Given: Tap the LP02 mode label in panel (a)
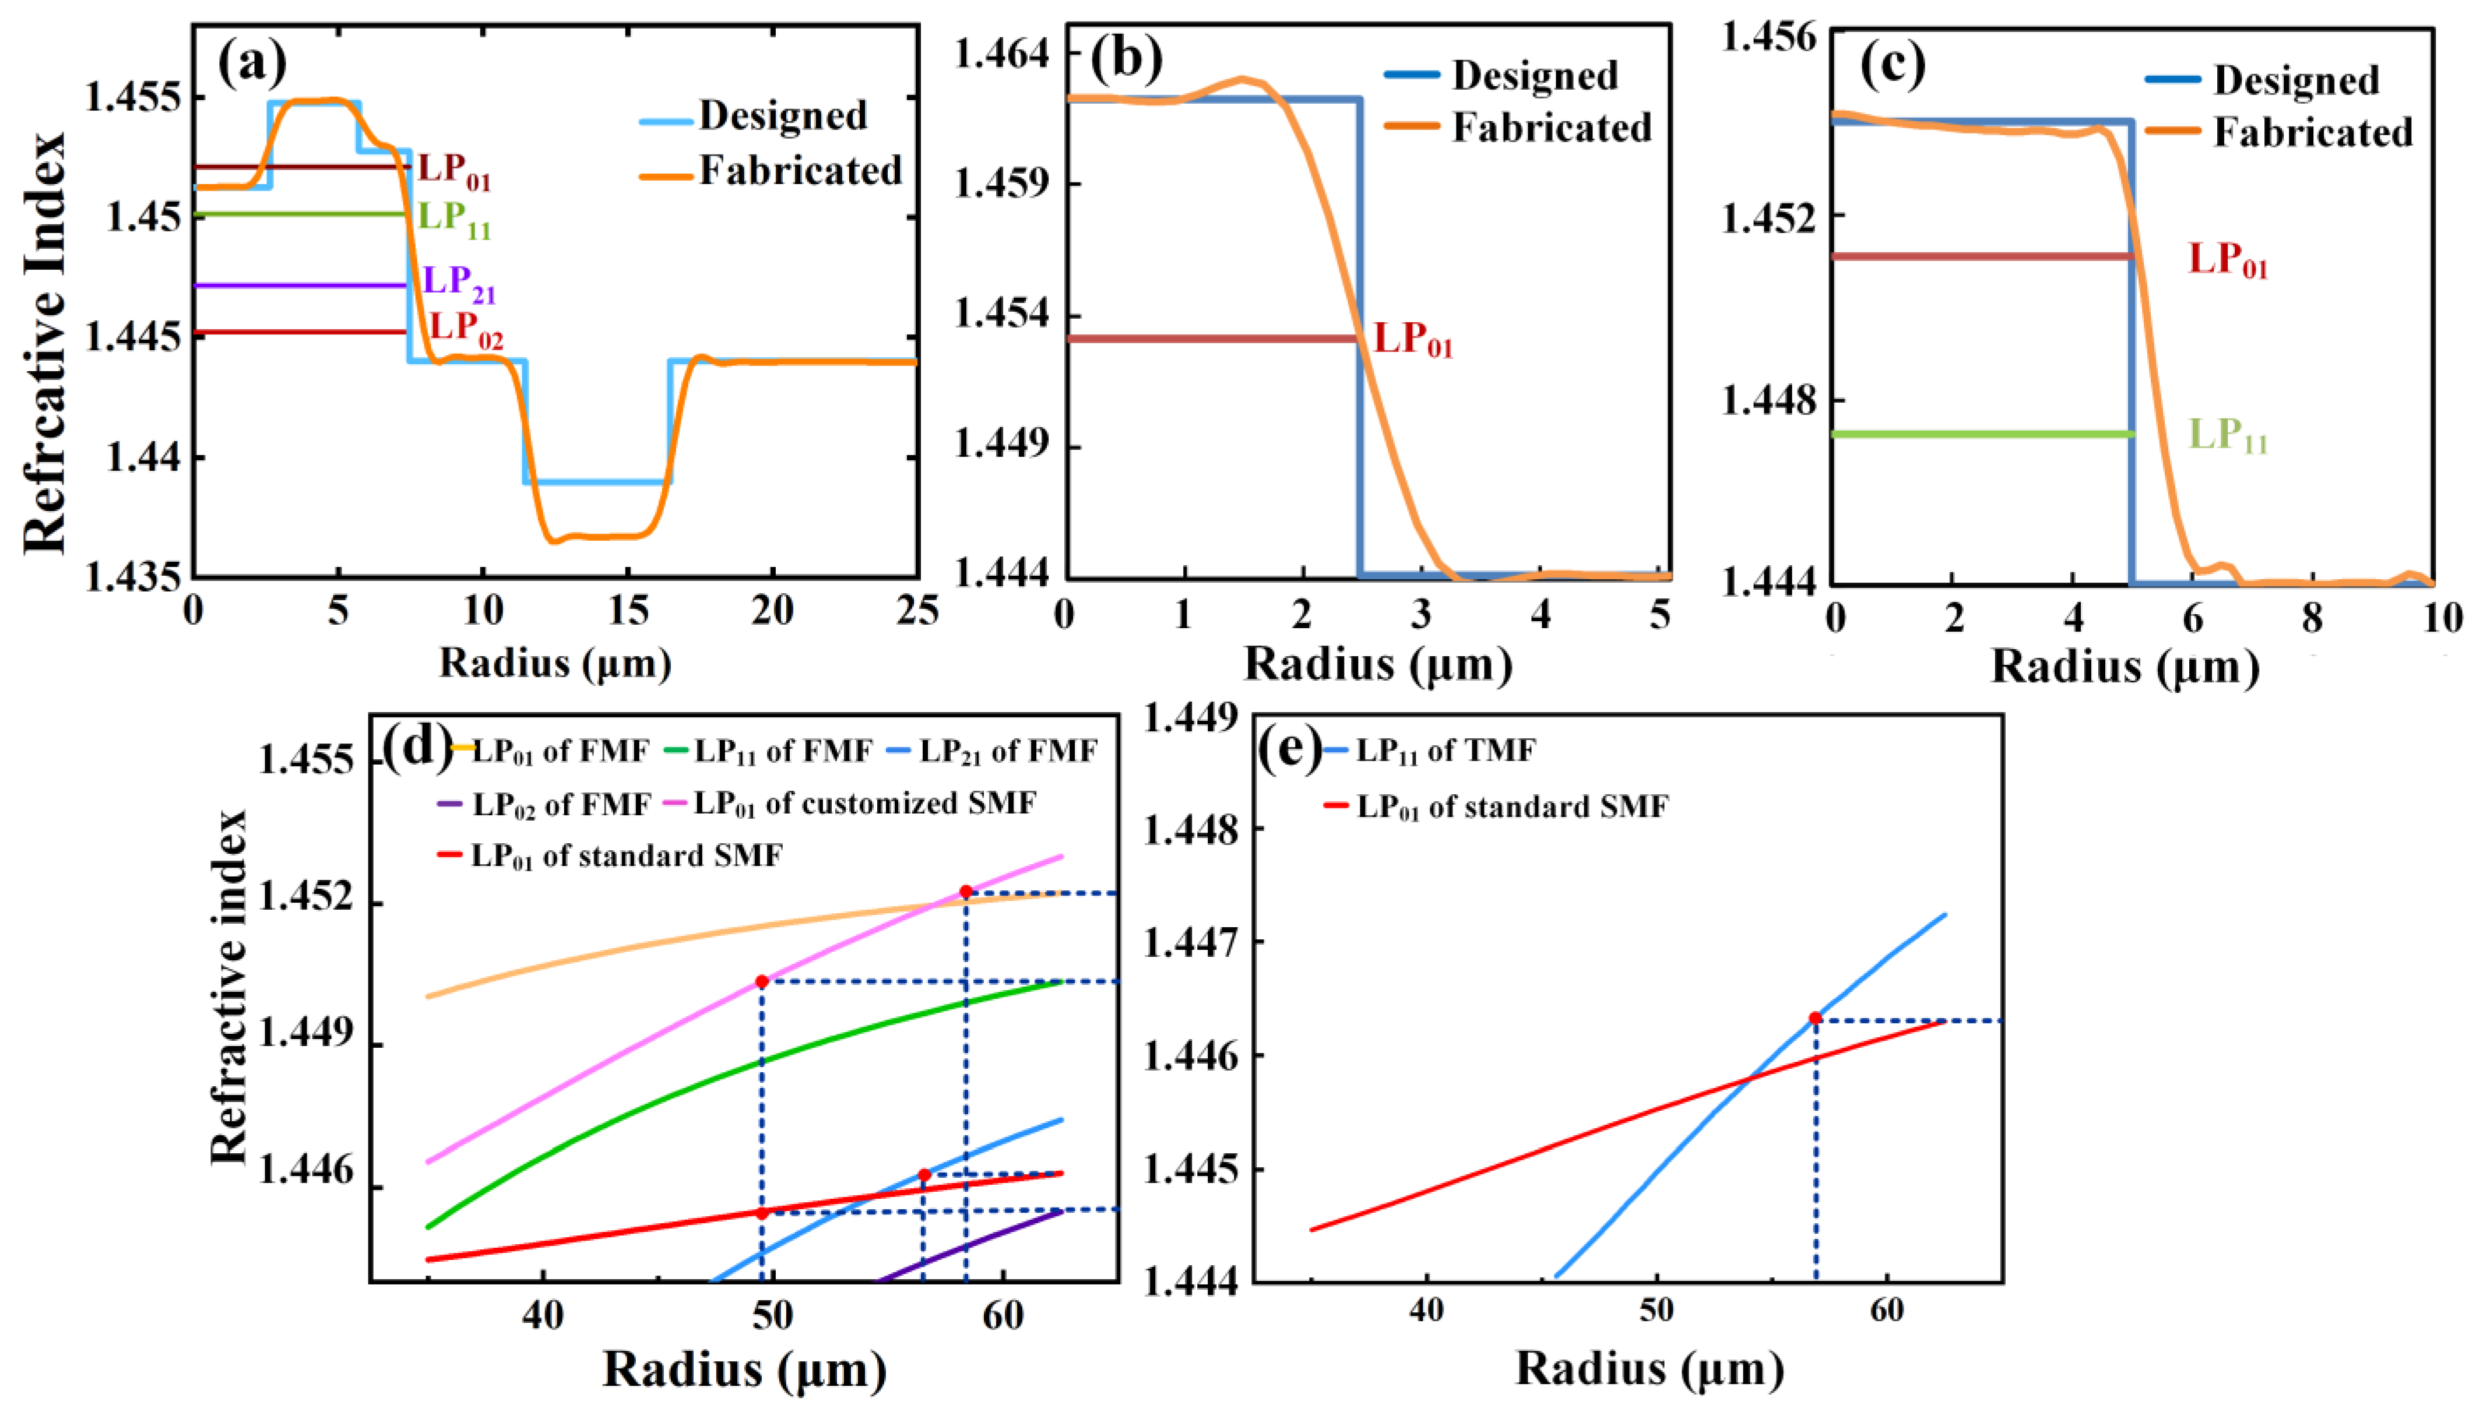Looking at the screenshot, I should pos(466,329).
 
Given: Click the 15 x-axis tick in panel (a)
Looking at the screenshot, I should pos(627,612).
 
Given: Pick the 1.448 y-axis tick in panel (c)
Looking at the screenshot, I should pos(1768,400).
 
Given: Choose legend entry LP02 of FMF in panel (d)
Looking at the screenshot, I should pos(560,804).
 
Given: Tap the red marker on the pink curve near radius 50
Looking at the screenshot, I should pos(762,981).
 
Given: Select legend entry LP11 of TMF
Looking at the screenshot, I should pos(1445,751).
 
